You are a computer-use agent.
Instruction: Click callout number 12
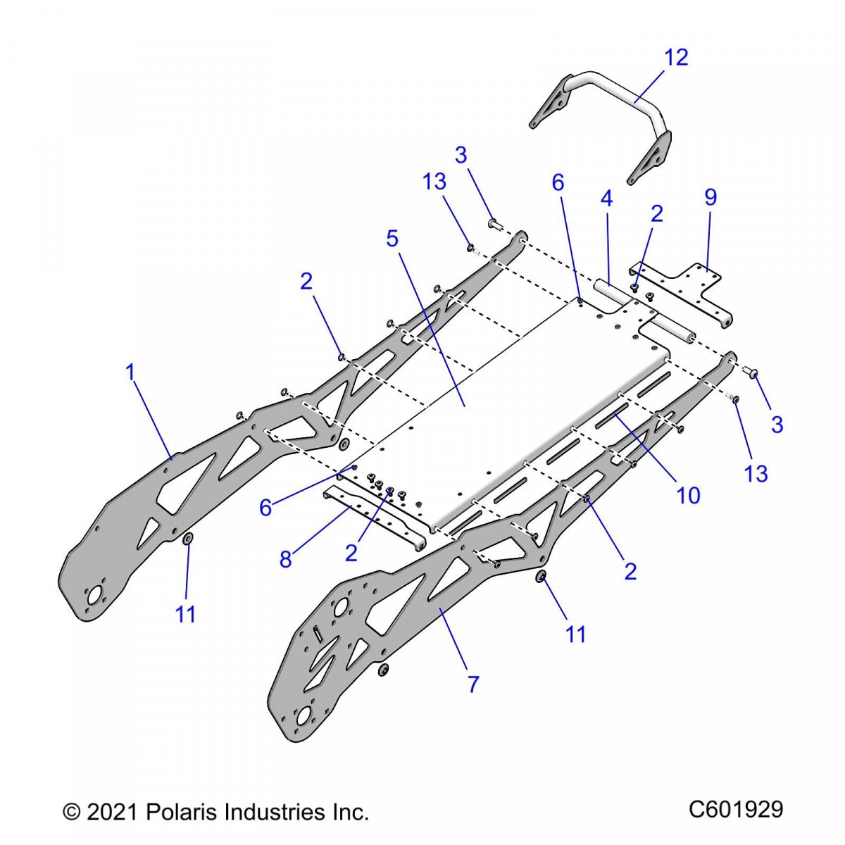(676, 57)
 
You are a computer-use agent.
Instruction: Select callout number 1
(130, 373)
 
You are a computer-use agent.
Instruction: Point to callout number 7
(473, 683)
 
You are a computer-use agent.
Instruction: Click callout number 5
(392, 239)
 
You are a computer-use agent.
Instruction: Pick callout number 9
(710, 198)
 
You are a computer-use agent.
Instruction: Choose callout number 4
(606, 199)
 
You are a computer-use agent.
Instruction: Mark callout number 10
(689, 495)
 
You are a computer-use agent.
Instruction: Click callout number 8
(285, 559)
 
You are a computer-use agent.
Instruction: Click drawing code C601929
(735, 810)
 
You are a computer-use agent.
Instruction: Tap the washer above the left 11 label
(188, 539)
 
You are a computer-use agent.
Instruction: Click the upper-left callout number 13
(434, 182)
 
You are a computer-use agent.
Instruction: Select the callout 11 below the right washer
(576, 634)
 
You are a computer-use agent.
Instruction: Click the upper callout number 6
(558, 183)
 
